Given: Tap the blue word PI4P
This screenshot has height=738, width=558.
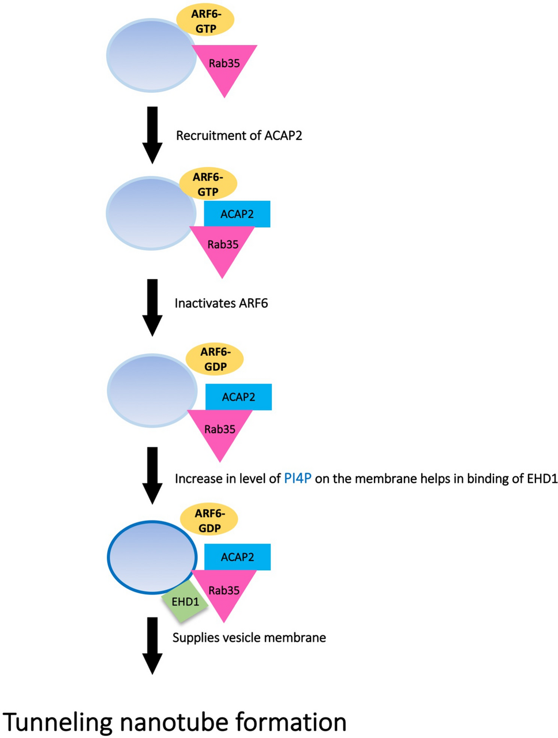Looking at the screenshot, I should (297, 479).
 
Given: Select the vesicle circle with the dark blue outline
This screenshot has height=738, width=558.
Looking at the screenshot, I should (152, 557).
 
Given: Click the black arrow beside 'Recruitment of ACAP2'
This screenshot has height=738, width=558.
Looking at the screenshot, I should (152, 135).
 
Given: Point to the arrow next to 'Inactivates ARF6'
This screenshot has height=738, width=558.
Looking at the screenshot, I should (152, 307).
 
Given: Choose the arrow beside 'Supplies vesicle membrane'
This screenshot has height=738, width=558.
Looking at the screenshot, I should (152, 645).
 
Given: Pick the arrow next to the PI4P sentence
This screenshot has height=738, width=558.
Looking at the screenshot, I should (152, 475).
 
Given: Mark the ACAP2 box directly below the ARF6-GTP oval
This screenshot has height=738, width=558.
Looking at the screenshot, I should (237, 214).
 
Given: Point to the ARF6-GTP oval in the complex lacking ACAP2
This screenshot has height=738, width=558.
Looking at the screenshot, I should (206, 21).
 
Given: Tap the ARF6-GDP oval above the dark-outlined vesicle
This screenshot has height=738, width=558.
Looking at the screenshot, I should (209, 521).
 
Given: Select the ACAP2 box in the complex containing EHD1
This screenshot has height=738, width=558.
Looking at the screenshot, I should (237, 557).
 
